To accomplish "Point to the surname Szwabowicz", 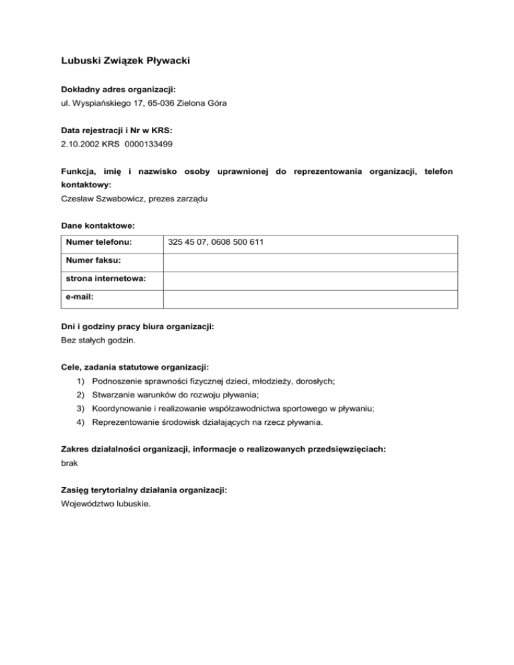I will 118,199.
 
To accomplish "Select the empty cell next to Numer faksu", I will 311,260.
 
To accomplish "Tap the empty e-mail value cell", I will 311,296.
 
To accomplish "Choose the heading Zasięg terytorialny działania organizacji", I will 144,490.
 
